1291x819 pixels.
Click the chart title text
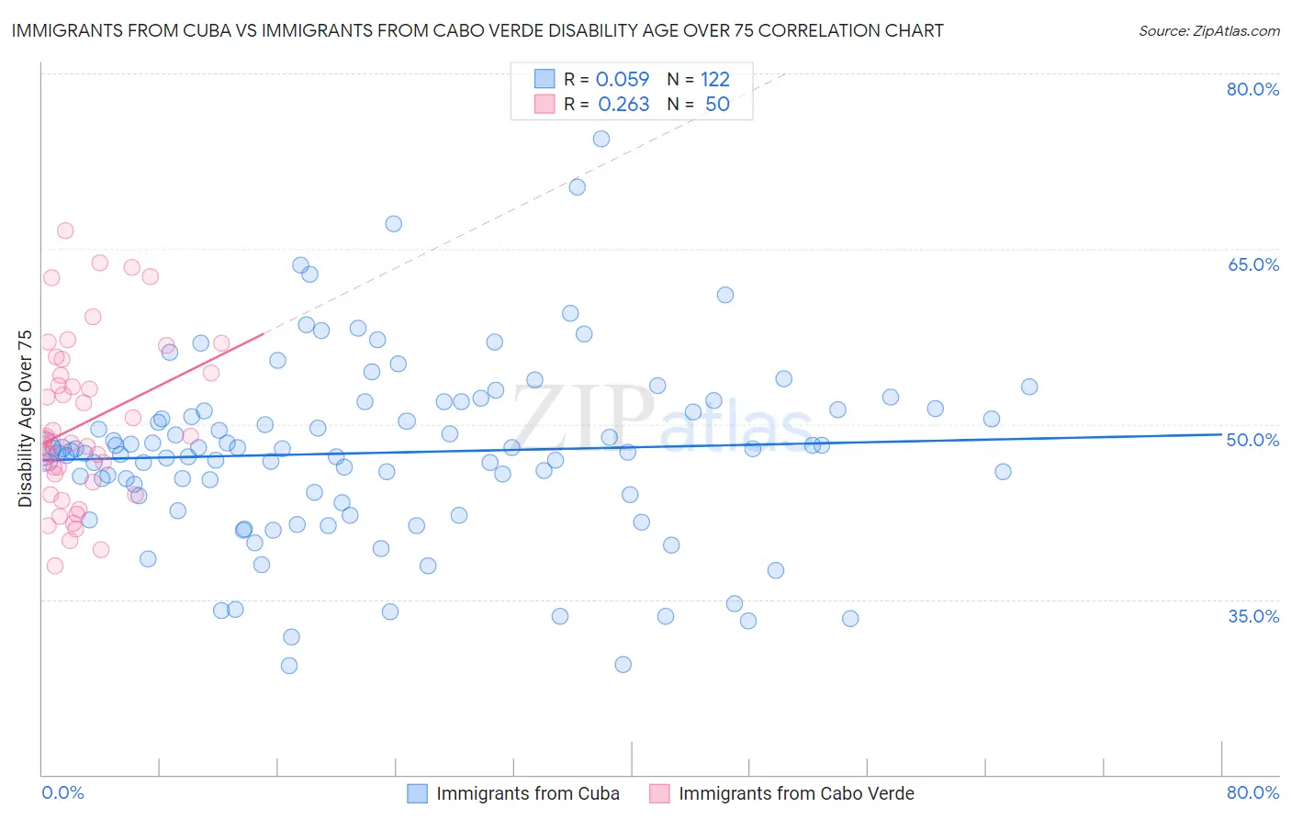(x=477, y=31)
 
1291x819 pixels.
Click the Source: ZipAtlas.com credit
(x=1208, y=31)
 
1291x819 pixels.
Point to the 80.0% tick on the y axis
(x=1252, y=89)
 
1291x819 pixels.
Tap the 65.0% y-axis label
(x=1252, y=264)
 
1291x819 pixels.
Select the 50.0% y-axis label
(x=1252, y=440)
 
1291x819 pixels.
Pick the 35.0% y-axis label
(x=1252, y=616)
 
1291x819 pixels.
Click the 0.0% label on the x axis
(x=62, y=792)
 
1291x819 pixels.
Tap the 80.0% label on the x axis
(x=1252, y=792)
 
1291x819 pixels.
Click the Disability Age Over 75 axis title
(x=26, y=419)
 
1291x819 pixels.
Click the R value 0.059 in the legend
(x=623, y=80)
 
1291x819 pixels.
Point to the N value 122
(x=714, y=80)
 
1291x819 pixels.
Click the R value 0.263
(x=623, y=105)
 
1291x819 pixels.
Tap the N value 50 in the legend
(x=717, y=105)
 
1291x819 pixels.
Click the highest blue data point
(x=601, y=139)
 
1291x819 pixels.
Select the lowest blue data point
(x=289, y=666)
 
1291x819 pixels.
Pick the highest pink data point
(x=65, y=230)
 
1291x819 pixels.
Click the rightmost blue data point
(x=1029, y=387)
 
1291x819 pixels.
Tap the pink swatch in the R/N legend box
(x=544, y=104)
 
